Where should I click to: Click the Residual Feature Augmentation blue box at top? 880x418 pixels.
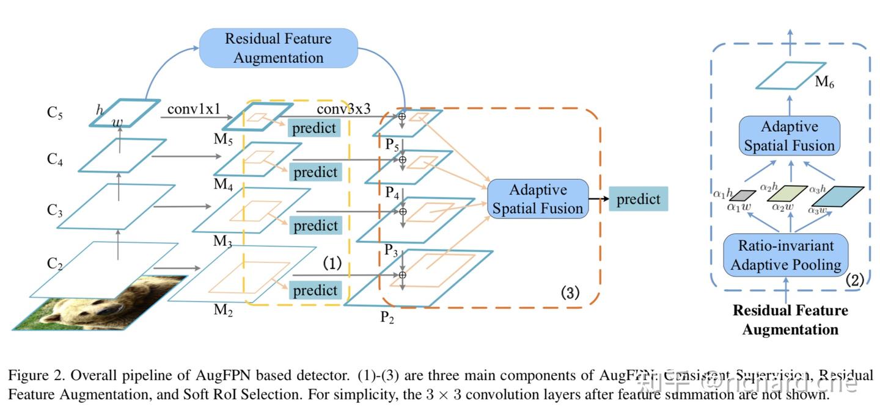[278, 48]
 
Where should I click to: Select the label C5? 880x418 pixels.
[55, 114]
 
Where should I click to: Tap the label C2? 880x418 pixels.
[55, 264]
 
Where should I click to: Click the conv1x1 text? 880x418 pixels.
[193, 109]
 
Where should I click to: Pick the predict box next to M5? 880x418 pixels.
[313, 128]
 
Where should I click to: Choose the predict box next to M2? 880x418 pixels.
[315, 290]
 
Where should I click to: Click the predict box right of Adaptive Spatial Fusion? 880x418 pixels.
[638, 200]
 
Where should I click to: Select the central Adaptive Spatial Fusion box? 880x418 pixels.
[537, 199]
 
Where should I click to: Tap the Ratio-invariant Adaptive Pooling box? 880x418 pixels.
[785, 256]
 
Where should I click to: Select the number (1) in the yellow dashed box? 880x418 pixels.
[331, 264]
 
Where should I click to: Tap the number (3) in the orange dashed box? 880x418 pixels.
[570, 292]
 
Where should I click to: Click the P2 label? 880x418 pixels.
[387, 317]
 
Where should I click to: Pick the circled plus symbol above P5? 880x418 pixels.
[402, 115]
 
